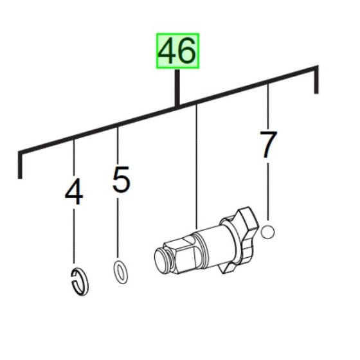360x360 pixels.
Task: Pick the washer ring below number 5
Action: tap(120, 273)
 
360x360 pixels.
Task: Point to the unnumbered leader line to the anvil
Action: tap(197, 167)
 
